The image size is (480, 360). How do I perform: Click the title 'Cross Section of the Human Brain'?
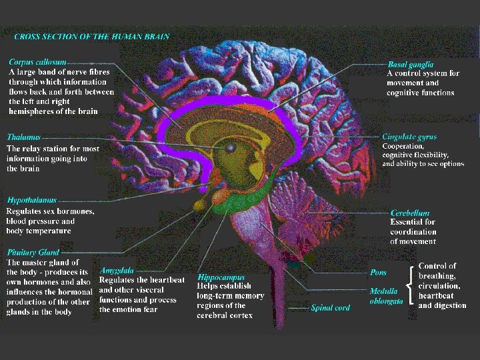click(91, 37)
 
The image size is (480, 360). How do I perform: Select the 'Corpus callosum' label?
click(37, 61)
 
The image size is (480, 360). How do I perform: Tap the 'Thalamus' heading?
click(23, 137)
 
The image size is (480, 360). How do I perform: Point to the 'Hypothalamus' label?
click(32, 200)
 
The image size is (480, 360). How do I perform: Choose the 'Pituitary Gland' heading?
click(33, 253)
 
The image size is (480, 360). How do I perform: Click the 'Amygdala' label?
click(117, 271)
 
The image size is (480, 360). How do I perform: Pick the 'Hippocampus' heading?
click(221, 277)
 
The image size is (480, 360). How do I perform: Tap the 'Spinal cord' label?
click(330, 308)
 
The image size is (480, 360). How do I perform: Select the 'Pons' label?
click(378, 272)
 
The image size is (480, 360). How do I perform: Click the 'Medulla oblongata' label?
click(386, 296)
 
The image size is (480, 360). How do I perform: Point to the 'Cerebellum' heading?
click(410, 213)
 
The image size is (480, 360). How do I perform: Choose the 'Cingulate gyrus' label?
click(409, 137)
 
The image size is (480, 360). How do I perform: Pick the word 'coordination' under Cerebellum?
click(413, 232)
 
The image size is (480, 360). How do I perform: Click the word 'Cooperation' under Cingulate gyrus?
click(403, 146)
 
